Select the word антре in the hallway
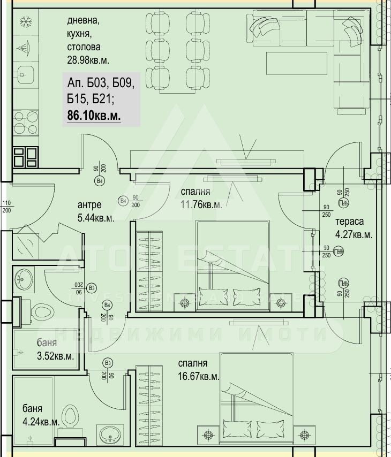pos(89,205)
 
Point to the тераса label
pos(349,222)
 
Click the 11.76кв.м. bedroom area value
pos(201,203)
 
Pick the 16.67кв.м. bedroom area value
pos(199,376)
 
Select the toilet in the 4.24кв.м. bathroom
pos(69,415)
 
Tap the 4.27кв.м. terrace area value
pos(354,234)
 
